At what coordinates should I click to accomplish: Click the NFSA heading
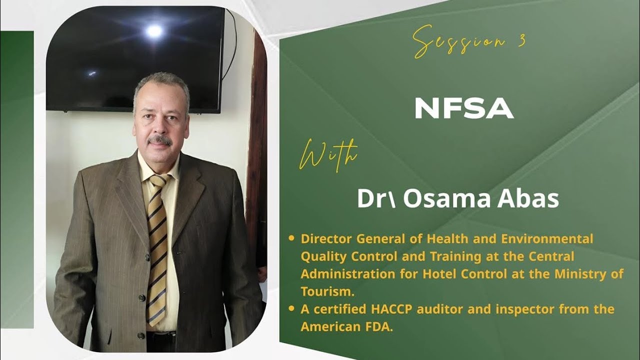(464, 108)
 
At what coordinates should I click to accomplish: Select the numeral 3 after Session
(521, 41)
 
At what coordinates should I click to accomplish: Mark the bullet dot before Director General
(291, 238)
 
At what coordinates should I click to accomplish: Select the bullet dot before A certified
(291, 309)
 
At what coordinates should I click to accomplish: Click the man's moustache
(160, 140)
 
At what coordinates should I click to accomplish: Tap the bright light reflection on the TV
(154, 31)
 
